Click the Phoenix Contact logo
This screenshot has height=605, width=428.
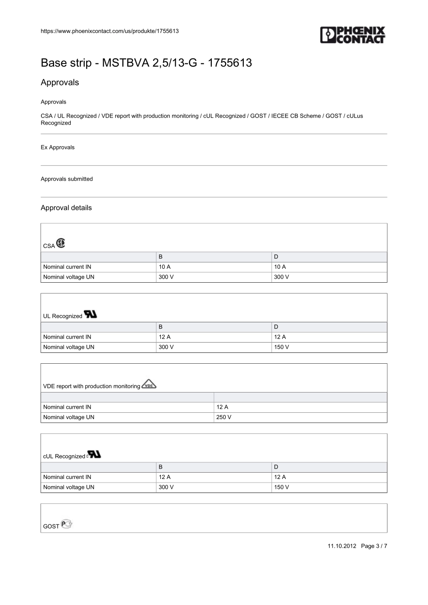point(353,35)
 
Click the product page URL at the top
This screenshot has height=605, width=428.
point(109,31)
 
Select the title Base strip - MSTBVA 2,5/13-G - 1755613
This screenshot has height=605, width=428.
point(146,63)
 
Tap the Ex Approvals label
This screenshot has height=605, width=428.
point(58,147)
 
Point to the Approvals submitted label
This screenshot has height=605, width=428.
point(67,179)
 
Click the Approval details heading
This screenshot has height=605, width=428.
point(66,208)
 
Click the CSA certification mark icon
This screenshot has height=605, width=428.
point(61,244)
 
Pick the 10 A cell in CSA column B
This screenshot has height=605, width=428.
point(164,267)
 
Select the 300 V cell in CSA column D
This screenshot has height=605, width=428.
point(282,277)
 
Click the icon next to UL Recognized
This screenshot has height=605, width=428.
point(91,314)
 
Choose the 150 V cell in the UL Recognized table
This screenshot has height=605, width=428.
point(282,347)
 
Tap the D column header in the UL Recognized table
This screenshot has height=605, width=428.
point(276,327)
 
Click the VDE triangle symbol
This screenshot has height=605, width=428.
point(149,384)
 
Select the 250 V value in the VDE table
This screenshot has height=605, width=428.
point(224,417)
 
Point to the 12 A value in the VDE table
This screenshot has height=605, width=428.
point(222,407)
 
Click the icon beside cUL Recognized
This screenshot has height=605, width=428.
point(94,455)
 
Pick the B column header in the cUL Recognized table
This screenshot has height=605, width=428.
point(161,467)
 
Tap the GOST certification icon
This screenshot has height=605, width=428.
point(67,524)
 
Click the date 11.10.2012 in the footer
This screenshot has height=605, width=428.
point(342,546)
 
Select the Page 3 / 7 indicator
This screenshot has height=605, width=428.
point(374,546)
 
